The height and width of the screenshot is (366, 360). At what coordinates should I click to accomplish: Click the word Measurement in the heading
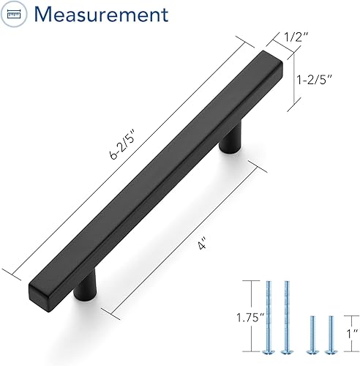pos(101,14)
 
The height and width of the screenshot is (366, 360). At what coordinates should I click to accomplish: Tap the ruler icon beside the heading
pos(14,15)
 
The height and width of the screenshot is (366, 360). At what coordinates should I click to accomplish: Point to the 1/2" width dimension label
pos(296,37)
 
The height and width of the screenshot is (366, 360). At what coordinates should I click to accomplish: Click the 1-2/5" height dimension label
pos(315,79)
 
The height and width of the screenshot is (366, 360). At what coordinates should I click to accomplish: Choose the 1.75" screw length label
pos(250,318)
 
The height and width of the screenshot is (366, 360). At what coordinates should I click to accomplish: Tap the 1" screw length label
pos(352,334)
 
